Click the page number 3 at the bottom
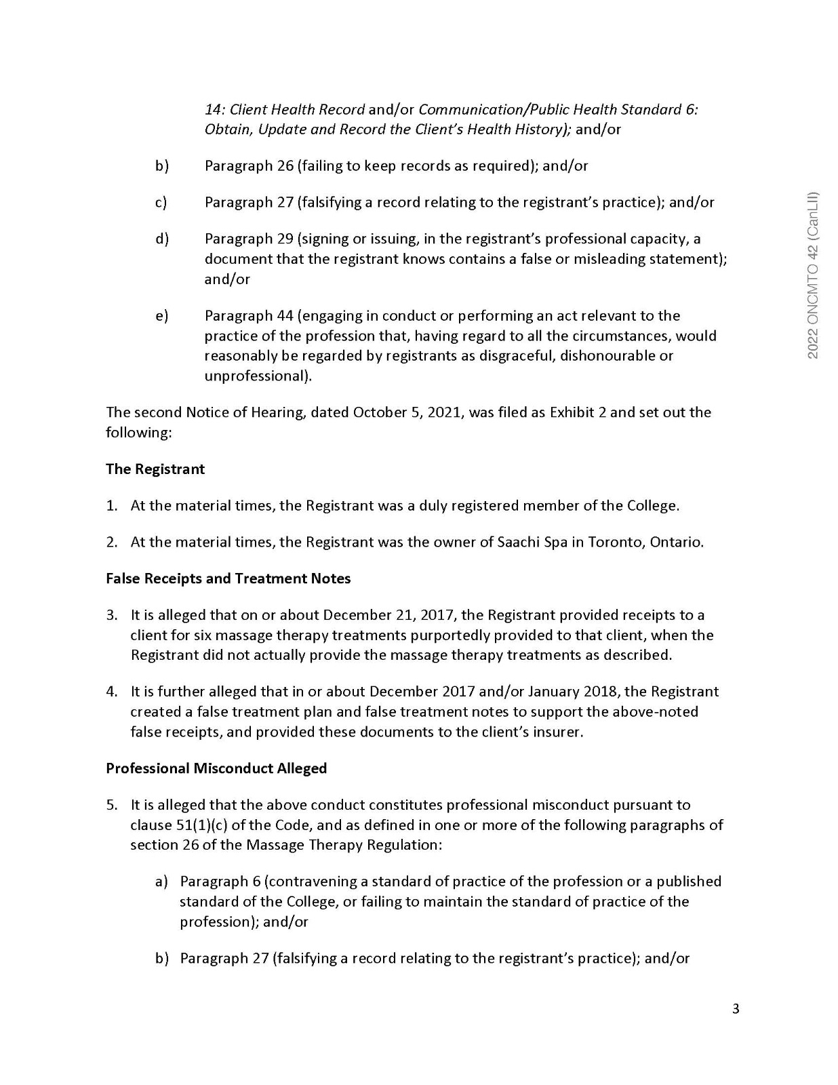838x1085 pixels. (736, 1008)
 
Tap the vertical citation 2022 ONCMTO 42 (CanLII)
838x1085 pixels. (814, 275)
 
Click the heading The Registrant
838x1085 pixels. (155, 469)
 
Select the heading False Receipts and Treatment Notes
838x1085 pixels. (228, 578)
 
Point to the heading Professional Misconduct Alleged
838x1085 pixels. (216, 768)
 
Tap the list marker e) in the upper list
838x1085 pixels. (161, 316)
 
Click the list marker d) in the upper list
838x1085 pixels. (161, 239)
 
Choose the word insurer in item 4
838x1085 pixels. (559, 732)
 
